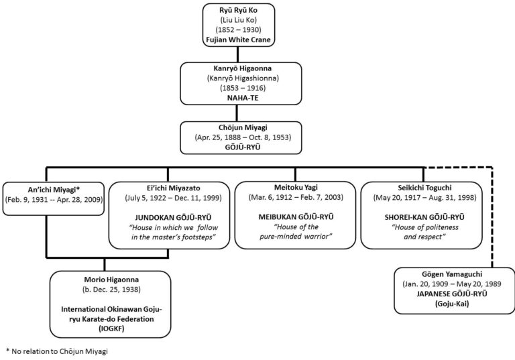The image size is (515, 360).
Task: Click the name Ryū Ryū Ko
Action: point(239,10)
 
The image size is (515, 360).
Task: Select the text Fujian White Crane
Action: point(239,40)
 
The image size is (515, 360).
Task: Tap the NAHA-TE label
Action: point(243,98)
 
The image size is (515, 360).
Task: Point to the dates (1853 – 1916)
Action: point(243,88)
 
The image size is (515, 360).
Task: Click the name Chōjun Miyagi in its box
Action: point(243,127)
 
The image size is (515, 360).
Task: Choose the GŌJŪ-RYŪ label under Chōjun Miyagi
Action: point(243,147)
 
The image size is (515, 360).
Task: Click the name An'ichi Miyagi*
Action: point(54,190)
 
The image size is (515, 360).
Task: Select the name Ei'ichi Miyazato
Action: point(174,188)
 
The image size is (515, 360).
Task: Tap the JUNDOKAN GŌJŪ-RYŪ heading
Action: point(174,217)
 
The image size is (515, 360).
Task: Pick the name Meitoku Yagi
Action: point(296,188)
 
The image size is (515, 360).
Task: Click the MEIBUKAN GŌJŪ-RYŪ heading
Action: point(296,217)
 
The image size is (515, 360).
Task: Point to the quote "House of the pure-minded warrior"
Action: point(296,231)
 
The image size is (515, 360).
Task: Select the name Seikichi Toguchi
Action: point(424,188)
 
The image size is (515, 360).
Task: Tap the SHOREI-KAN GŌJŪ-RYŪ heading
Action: point(424,217)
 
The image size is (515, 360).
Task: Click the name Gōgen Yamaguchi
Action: point(452,274)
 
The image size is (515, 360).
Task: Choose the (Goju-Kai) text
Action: point(452,304)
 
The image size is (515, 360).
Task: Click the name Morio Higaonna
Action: point(111,280)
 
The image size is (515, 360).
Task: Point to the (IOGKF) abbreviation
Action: point(111,328)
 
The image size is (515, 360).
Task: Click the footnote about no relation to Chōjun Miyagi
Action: point(57,351)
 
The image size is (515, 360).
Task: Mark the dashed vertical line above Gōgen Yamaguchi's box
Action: point(492,217)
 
